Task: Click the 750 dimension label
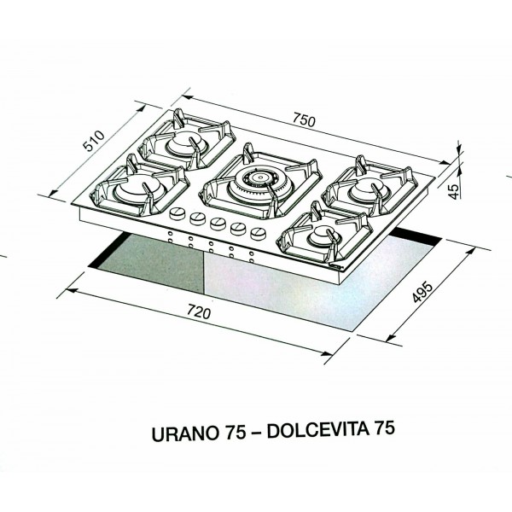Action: point(304,119)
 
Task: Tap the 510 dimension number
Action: point(94,141)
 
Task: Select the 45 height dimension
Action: point(453,192)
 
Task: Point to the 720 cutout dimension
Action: point(199,312)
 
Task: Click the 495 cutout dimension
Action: point(422,292)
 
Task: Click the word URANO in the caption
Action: point(186,433)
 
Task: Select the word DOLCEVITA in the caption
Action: point(318,430)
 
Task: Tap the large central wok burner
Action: point(261,183)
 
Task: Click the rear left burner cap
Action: point(186,143)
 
